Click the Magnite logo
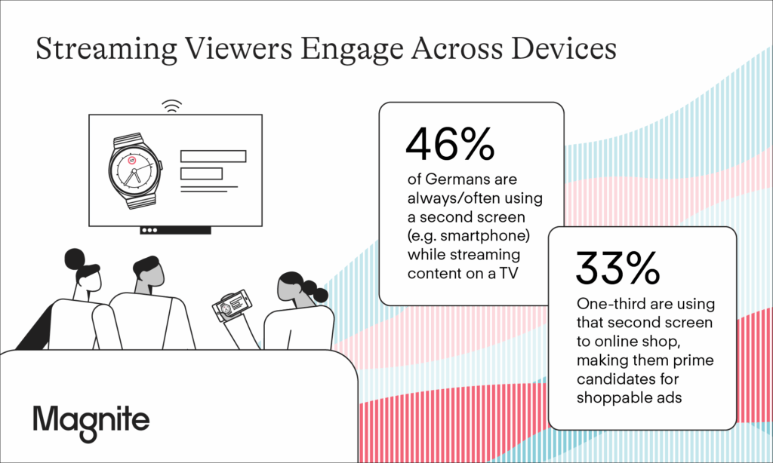pos(91,422)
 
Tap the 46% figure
pos(450,144)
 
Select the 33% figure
pos(617,268)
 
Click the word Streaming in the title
pos(106,50)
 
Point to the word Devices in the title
pos(563,48)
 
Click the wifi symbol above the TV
pos(171,106)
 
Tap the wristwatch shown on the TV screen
pos(134,170)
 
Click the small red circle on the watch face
pos(131,160)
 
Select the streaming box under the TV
pos(175,230)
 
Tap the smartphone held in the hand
pos(231,305)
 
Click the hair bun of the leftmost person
pos(75,259)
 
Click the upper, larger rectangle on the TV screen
pos(213,156)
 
